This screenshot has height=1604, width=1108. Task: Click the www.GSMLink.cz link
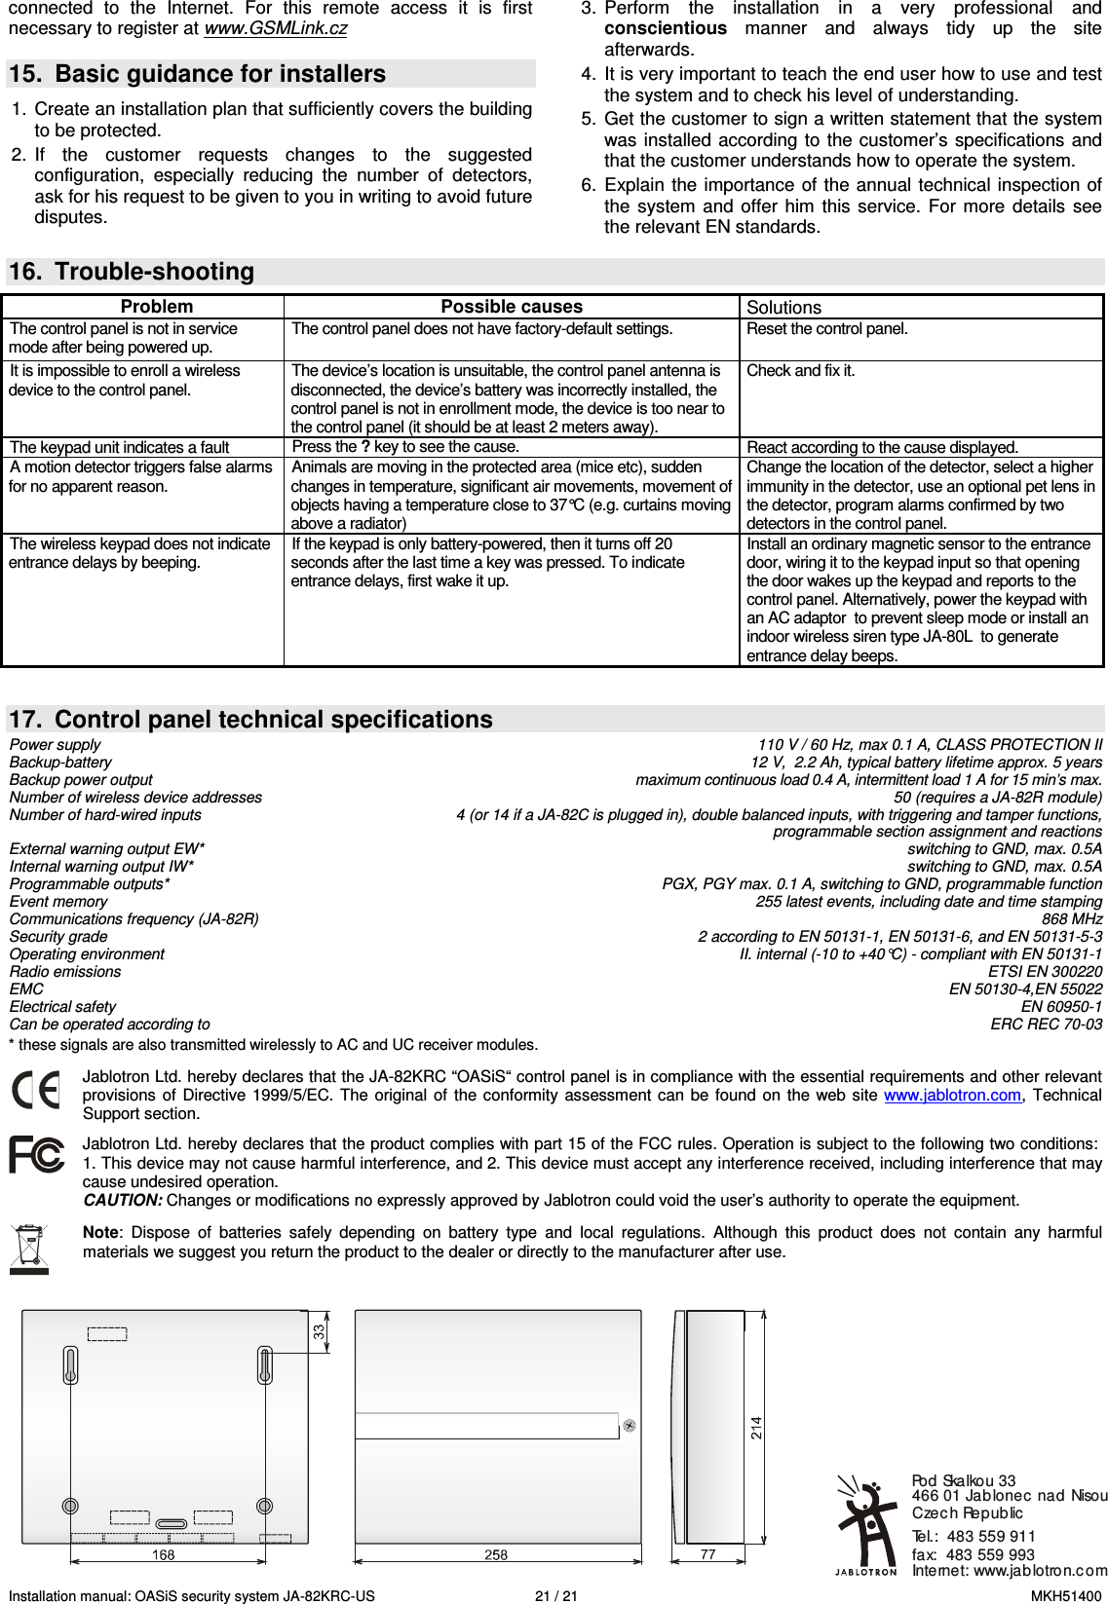[x=275, y=28]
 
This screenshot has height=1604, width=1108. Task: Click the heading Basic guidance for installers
[x=219, y=74]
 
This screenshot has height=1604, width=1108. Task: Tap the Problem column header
[x=156, y=307]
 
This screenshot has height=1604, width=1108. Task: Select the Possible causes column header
[x=512, y=307]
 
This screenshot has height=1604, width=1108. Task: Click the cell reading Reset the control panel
[x=826, y=329]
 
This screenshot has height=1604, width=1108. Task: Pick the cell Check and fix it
[x=800, y=371]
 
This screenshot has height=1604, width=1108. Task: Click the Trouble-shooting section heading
[x=154, y=272]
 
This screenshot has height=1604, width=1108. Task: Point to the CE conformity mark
[x=36, y=1090]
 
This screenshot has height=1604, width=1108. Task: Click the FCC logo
[x=37, y=1155]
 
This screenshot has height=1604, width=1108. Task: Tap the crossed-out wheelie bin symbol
[x=29, y=1249]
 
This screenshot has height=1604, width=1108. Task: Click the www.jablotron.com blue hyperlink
[x=952, y=1096]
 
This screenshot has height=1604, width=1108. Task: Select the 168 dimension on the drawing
[x=163, y=1555]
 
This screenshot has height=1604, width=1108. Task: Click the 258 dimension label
[x=496, y=1555]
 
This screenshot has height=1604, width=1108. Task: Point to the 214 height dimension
[x=756, y=1428]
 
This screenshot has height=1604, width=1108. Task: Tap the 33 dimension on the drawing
[x=320, y=1331]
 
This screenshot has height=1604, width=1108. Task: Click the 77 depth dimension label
[x=707, y=1555]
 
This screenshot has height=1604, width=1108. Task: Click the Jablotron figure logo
[x=865, y=1523]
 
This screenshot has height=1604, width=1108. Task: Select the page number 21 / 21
[x=555, y=1596]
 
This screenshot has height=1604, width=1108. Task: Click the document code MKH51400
[x=1066, y=1596]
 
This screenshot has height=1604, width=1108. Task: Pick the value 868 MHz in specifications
[x=1072, y=919]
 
